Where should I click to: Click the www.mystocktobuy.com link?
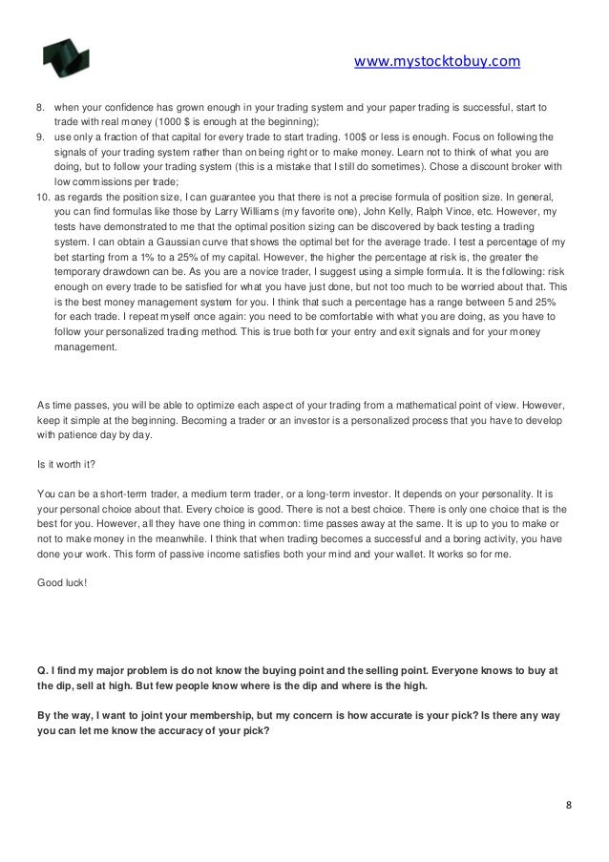[436, 63]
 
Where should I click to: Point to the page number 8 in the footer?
[569, 804]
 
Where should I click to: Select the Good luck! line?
[60, 578]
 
